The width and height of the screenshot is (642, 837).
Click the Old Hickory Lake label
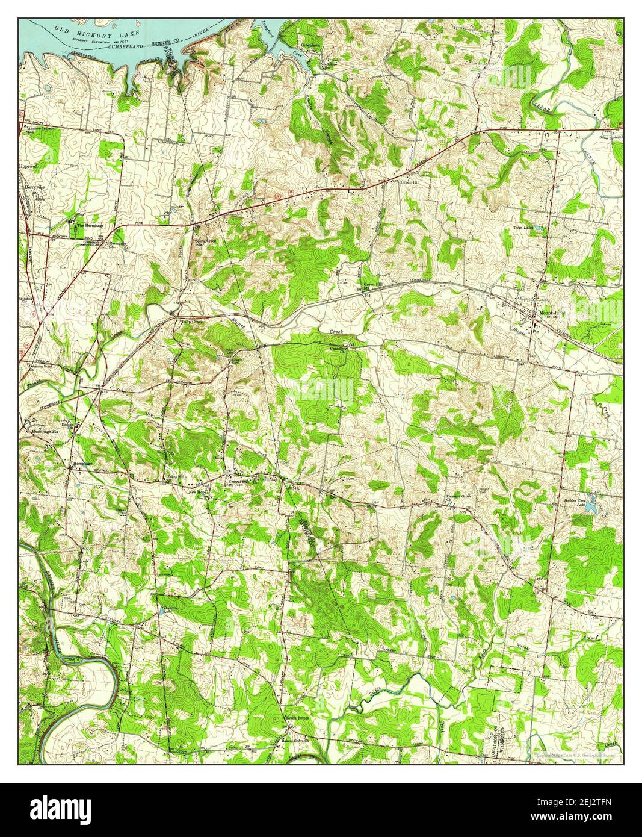click(97, 33)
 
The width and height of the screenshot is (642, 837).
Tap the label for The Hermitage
click(89, 225)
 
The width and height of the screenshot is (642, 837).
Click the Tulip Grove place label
click(193, 322)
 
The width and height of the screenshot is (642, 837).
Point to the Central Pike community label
click(239, 481)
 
